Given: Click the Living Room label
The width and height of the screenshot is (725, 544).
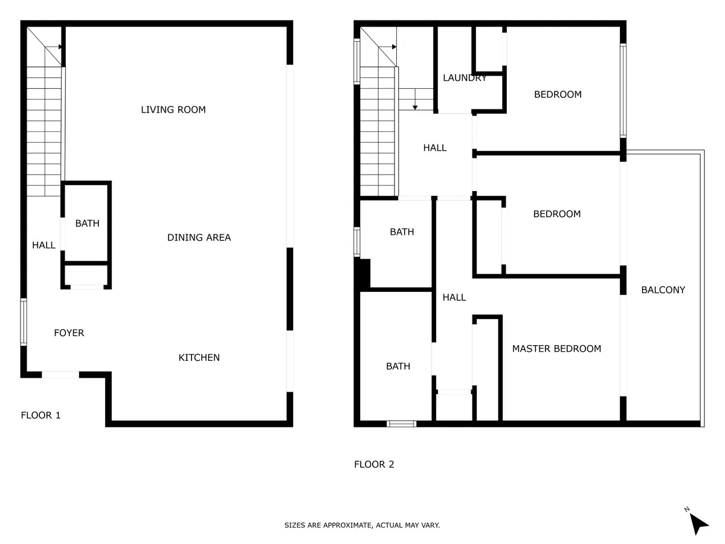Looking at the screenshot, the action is coord(173,109).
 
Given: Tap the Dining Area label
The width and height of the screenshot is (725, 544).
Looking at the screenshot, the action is coord(199,238).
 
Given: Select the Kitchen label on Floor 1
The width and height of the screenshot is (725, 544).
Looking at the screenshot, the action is coord(199,357).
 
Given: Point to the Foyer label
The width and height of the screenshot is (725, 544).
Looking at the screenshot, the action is coord(69,332).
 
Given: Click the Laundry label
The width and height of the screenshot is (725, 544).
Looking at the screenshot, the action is coord(465,78).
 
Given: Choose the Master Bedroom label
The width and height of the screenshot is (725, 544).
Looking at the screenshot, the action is coord(556,349).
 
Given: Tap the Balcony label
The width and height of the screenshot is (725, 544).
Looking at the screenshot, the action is coord(663,290).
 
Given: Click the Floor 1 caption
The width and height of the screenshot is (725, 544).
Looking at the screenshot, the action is coord(40,415).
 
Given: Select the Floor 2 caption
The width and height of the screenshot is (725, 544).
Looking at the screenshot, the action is coord(374,464).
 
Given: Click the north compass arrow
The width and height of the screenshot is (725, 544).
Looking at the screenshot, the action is coord(698,523).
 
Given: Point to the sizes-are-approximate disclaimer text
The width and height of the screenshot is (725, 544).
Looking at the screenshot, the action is coord(362,525).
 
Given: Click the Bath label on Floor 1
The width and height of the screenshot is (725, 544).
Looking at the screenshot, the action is coord(87,223).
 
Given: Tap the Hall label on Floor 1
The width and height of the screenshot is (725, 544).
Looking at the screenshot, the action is coord(43,245).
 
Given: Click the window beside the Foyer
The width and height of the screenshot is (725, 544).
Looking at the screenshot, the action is coord(24,322).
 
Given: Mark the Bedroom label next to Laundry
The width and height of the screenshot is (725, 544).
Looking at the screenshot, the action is coord(558,94).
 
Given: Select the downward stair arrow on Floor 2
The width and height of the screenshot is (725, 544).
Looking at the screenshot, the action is coord(415,99).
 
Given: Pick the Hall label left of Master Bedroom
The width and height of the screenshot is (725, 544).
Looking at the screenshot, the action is coord(454,297).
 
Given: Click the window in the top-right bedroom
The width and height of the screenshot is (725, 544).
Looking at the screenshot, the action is coord(623,91).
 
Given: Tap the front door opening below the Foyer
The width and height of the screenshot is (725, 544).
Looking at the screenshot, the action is coord(60,375).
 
